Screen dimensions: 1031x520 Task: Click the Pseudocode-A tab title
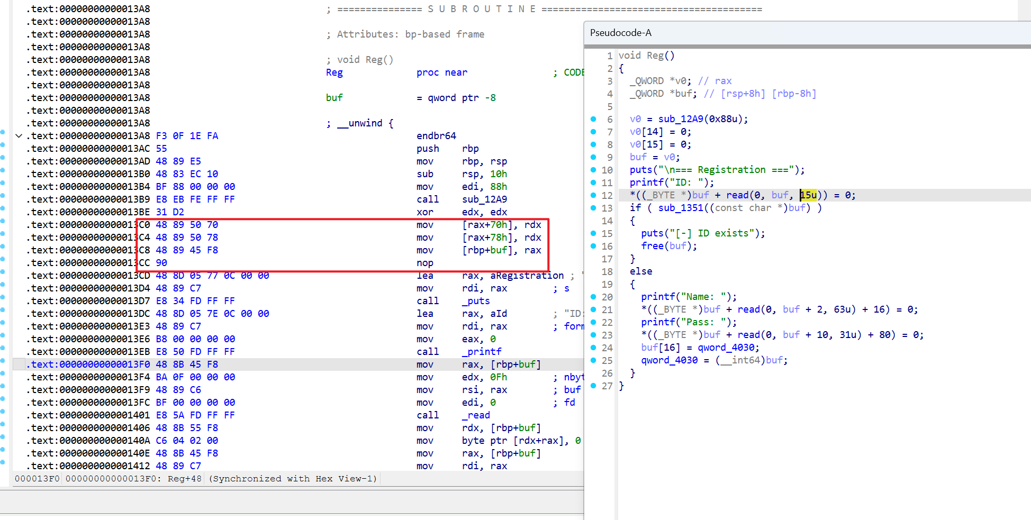[x=621, y=33]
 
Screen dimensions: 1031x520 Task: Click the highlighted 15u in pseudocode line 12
[x=808, y=195]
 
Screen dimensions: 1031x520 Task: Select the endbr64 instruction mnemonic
[x=436, y=136]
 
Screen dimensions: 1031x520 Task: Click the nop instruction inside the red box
[x=425, y=263]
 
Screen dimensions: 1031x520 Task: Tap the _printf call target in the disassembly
[x=482, y=352]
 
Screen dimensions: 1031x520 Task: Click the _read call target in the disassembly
[x=476, y=415]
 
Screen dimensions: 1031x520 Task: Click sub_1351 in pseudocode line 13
[x=681, y=208]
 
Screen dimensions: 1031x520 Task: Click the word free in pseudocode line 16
[x=653, y=246]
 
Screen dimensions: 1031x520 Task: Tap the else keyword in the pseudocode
[x=641, y=271]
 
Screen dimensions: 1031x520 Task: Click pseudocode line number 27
[x=607, y=386]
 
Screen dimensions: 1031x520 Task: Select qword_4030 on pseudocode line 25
[x=670, y=360]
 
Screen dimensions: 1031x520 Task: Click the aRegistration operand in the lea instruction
[x=527, y=276]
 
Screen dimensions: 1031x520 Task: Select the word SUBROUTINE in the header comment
[x=482, y=9]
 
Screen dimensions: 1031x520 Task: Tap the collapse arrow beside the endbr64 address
[x=19, y=136]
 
